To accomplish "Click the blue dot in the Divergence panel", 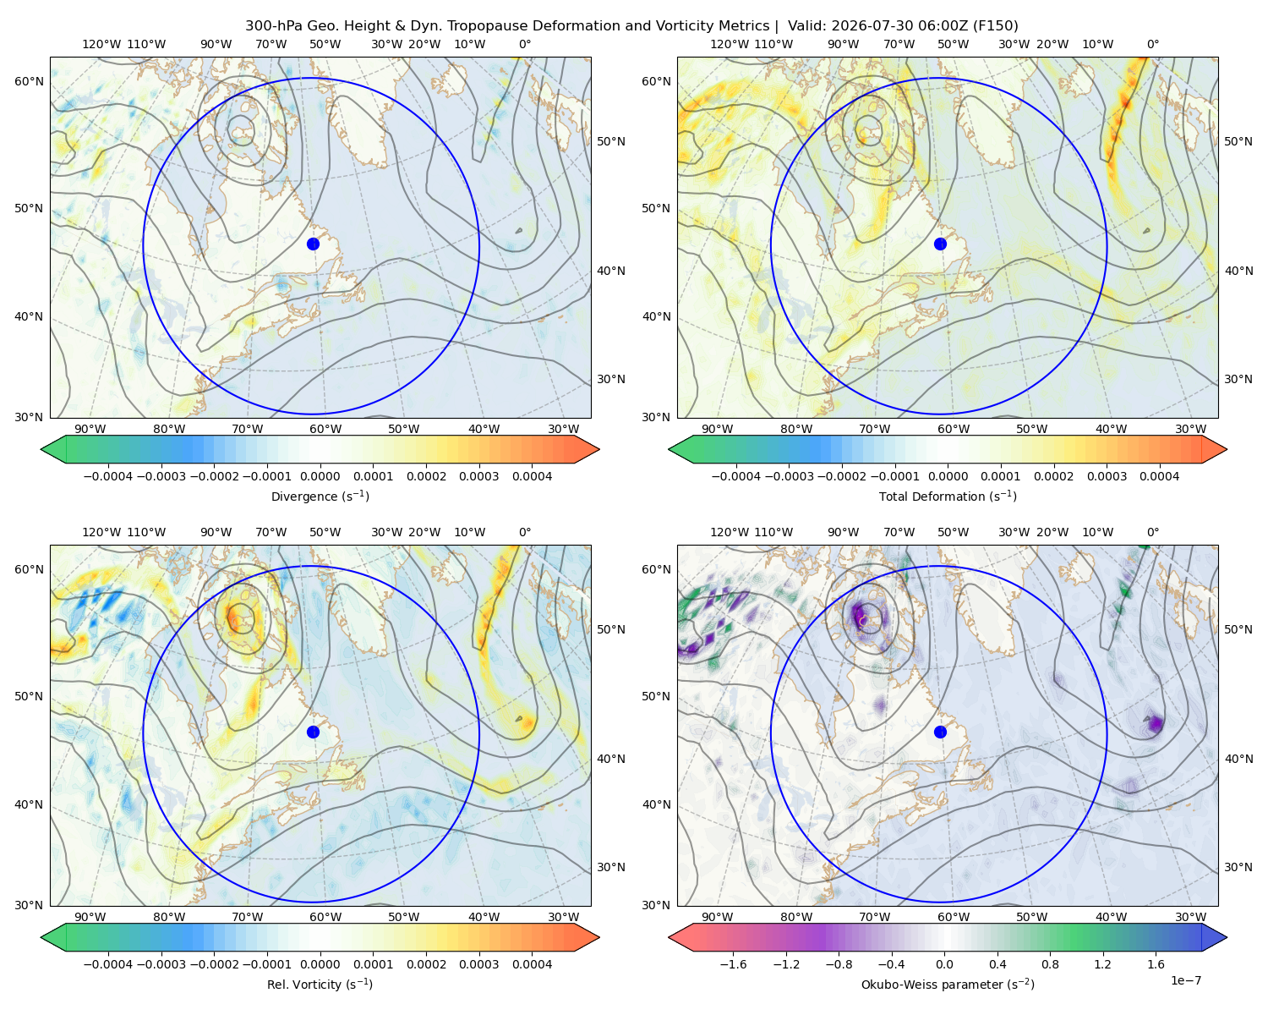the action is [313, 244].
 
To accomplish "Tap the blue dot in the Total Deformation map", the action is [940, 244].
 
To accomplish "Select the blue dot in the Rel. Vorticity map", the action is [313, 732].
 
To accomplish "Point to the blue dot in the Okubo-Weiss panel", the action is [940, 732].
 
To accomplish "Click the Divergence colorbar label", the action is [320, 496].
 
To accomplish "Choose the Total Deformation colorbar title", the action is [948, 496].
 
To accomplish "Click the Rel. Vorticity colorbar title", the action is [320, 985].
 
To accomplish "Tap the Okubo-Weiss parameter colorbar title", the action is [948, 985].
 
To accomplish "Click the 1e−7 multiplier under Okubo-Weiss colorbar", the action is [1185, 980].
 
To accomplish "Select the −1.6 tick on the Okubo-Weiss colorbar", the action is [733, 964].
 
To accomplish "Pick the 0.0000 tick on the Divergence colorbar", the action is [320, 476].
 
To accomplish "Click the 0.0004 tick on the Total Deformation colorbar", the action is [1159, 476].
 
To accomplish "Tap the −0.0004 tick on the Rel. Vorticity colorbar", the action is [108, 964].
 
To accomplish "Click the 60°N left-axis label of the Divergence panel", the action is [29, 81].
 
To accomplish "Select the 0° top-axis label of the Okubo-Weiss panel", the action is [1152, 532].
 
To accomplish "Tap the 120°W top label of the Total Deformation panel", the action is [730, 44].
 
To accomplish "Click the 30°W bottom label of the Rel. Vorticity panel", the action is [563, 917].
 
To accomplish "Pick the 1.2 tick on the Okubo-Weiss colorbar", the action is [1102, 964].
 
